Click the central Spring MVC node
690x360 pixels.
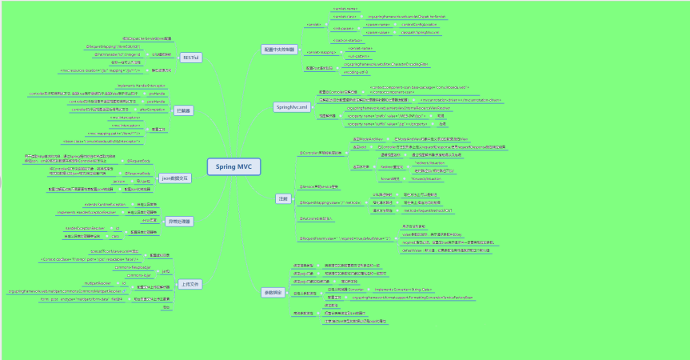[229, 167]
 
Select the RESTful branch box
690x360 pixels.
[190, 58]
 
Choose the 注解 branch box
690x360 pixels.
[282, 198]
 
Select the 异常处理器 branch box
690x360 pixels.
[179, 220]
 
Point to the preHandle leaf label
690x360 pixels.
[157, 94]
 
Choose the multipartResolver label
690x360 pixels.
[98, 283]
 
